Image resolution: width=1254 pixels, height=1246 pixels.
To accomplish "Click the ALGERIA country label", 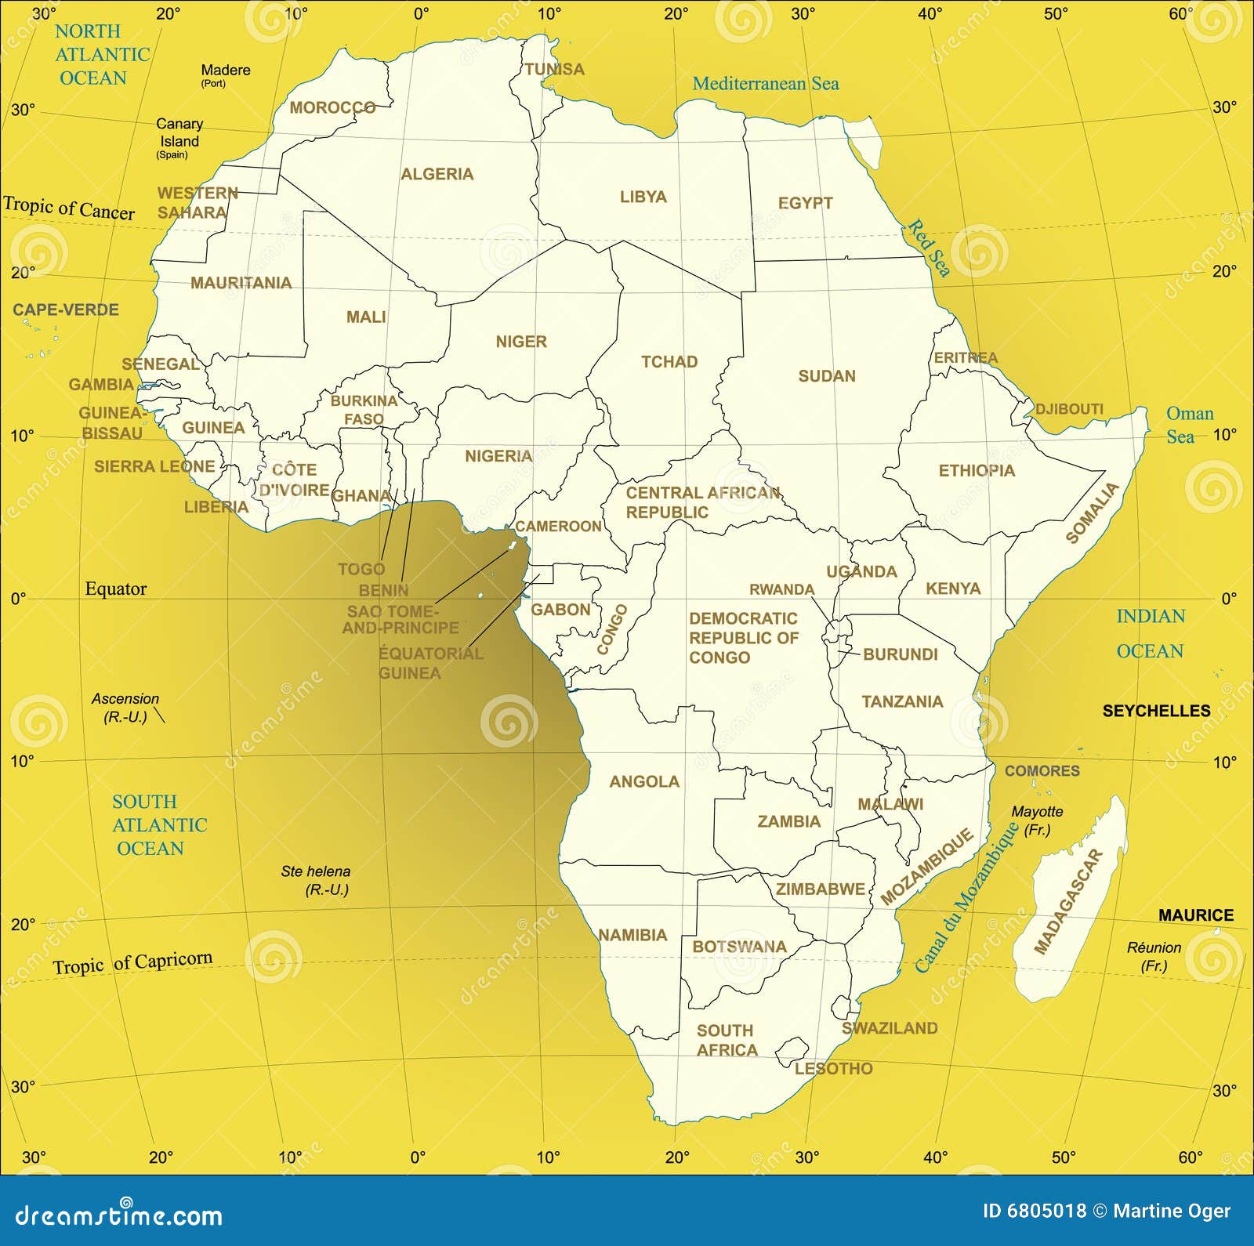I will point(437,174).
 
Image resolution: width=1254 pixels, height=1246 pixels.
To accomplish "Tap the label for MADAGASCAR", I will point(1067,901).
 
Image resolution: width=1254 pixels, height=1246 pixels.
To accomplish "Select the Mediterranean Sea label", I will point(765,84).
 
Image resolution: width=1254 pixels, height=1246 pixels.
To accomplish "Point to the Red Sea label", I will point(930,248).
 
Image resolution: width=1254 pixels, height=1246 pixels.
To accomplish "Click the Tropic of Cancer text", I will point(69,208).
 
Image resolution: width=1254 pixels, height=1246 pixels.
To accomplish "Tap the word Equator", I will point(116,589).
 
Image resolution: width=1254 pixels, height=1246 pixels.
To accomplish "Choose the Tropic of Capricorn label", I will point(132,962).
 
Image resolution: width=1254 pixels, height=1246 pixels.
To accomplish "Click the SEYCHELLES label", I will point(1156,711).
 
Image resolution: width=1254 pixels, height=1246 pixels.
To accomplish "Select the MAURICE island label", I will point(1196,915).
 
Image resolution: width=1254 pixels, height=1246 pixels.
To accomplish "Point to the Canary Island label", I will point(179,133).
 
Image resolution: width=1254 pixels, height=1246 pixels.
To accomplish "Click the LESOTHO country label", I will point(833,1069).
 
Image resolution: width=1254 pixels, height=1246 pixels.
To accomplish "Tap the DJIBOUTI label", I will point(1069,409).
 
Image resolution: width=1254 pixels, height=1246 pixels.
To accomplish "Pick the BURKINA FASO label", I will point(364,410).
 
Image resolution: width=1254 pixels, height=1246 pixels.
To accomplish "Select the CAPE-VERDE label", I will point(66,310).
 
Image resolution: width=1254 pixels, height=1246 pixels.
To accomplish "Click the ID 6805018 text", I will point(1035,1211).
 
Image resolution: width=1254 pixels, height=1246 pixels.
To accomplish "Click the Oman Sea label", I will point(1189,425).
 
